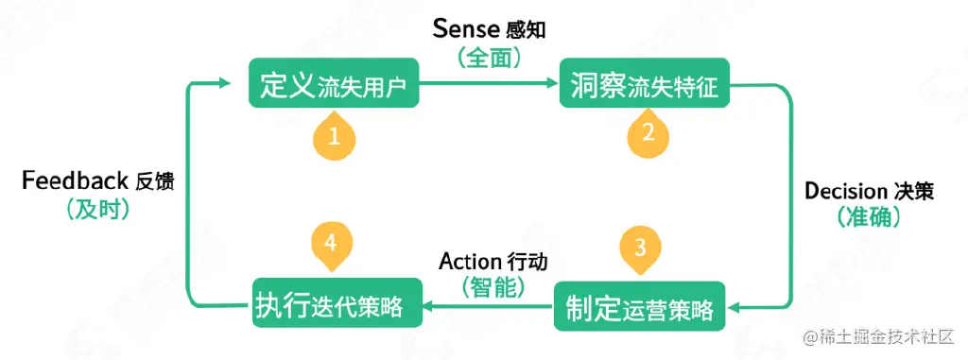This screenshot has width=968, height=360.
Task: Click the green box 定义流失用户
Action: click(333, 85)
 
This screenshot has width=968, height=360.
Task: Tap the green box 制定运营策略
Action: click(639, 306)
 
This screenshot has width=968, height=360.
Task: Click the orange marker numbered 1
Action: click(334, 136)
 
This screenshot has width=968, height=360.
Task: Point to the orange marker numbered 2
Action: click(648, 133)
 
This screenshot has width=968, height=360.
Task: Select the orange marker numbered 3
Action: click(640, 249)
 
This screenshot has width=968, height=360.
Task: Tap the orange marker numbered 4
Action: click(330, 243)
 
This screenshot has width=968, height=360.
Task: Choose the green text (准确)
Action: click(870, 217)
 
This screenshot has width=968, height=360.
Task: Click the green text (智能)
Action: click(493, 286)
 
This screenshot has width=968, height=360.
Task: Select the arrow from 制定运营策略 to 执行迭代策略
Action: click(488, 306)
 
